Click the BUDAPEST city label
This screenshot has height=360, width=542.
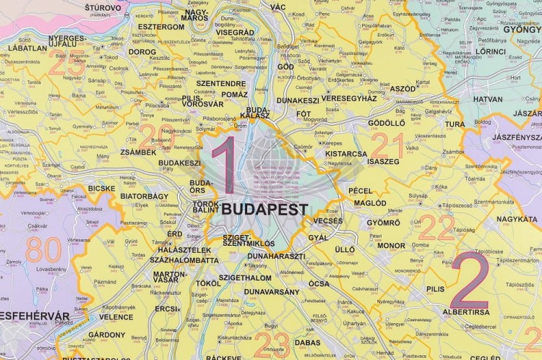tap(266, 210)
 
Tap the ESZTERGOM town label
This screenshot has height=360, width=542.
tap(155, 27)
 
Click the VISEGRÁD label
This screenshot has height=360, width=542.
tap(233, 33)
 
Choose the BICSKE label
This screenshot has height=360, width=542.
tap(101, 189)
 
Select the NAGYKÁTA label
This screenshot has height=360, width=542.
tap(517, 218)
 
